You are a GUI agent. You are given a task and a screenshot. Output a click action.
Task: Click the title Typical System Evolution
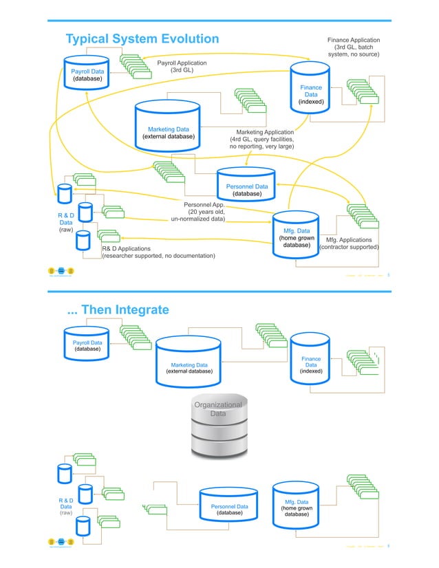tap(141, 39)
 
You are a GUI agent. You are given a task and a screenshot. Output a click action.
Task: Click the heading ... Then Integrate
tap(117, 310)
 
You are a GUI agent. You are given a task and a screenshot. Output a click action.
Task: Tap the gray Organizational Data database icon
tap(218, 427)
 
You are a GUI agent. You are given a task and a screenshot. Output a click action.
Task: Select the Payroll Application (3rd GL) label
tap(182, 67)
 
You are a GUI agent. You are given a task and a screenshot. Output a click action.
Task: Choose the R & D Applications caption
tap(158, 252)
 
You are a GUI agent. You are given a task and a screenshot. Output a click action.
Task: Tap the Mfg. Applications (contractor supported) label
tap(349, 244)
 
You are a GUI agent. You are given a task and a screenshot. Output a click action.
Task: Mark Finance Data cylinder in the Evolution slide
tap(311, 88)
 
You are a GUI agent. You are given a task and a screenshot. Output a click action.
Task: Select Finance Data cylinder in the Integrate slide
tap(311, 362)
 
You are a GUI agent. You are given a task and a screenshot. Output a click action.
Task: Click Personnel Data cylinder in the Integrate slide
tap(229, 507)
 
